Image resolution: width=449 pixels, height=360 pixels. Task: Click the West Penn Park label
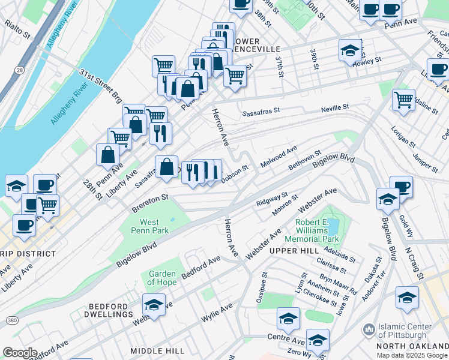tap(146, 226)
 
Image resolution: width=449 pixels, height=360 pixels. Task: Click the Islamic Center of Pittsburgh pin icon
tap(368, 329)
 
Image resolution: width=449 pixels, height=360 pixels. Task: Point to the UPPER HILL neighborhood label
tap(294, 250)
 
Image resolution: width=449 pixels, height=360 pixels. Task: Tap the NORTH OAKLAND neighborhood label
tap(412, 346)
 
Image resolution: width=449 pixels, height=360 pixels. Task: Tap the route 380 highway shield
tap(13, 321)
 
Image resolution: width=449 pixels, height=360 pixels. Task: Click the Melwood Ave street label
tap(279, 157)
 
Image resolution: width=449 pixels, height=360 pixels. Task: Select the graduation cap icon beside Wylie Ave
tap(154, 305)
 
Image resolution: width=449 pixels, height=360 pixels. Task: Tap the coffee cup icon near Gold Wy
tap(400, 186)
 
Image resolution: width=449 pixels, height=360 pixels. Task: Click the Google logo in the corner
tap(20, 353)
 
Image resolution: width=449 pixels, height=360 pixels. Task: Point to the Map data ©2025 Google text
tap(412, 355)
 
